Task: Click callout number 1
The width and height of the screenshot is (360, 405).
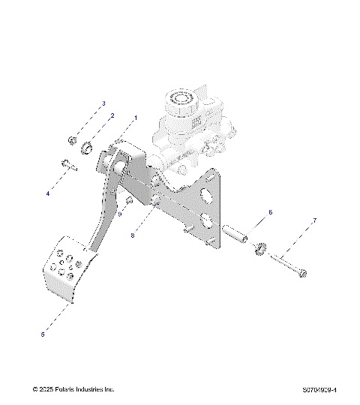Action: [x=136, y=118]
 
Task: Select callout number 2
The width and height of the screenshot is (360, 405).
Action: [x=112, y=116]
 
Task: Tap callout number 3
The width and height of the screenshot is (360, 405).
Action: [x=103, y=103]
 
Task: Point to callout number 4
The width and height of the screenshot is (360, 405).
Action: [x=47, y=193]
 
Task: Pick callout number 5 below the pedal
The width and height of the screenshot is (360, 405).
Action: [x=43, y=334]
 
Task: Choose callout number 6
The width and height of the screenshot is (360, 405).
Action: [x=270, y=212]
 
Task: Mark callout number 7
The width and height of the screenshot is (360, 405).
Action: [x=314, y=220]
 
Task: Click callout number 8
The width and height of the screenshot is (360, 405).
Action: [x=133, y=235]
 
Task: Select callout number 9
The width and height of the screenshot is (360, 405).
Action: [x=118, y=213]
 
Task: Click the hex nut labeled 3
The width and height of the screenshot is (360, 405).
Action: [x=71, y=140]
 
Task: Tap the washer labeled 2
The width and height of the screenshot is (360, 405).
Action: [x=87, y=147]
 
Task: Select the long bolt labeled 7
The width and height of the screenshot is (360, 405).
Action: [x=289, y=266]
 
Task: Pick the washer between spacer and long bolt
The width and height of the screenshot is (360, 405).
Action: [x=262, y=248]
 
